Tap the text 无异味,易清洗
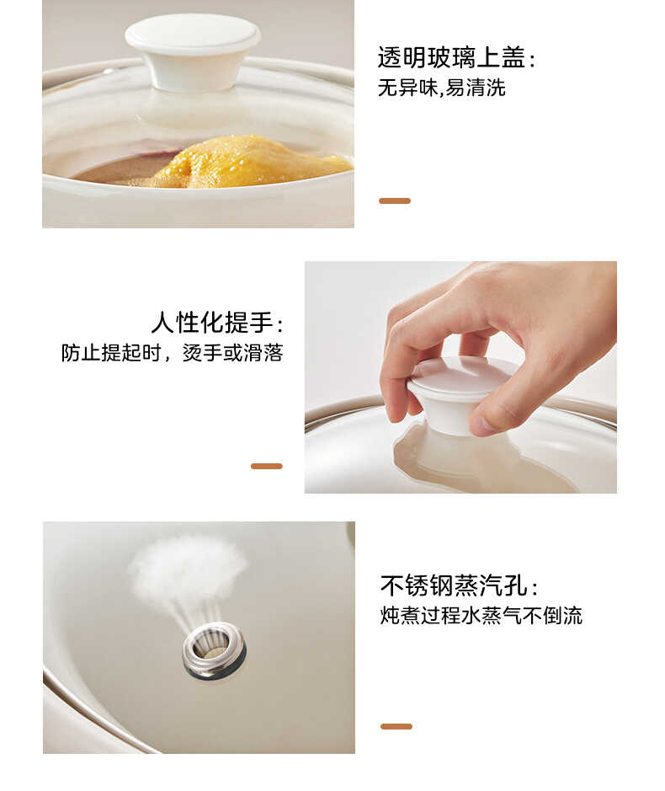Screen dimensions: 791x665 click(x=441, y=88)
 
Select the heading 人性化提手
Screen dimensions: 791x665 click(x=216, y=323)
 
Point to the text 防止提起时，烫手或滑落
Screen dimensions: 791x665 click(x=172, y=353)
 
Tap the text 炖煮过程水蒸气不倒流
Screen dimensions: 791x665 click(x=481, y=616)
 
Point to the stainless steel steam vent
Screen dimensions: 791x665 click(x=214, y=649)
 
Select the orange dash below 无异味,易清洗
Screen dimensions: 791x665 click(x=394, y=200)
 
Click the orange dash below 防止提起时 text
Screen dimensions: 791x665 click(x=266, y=466)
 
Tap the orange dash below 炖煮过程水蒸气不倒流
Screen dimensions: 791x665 click(x=396, y=726)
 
